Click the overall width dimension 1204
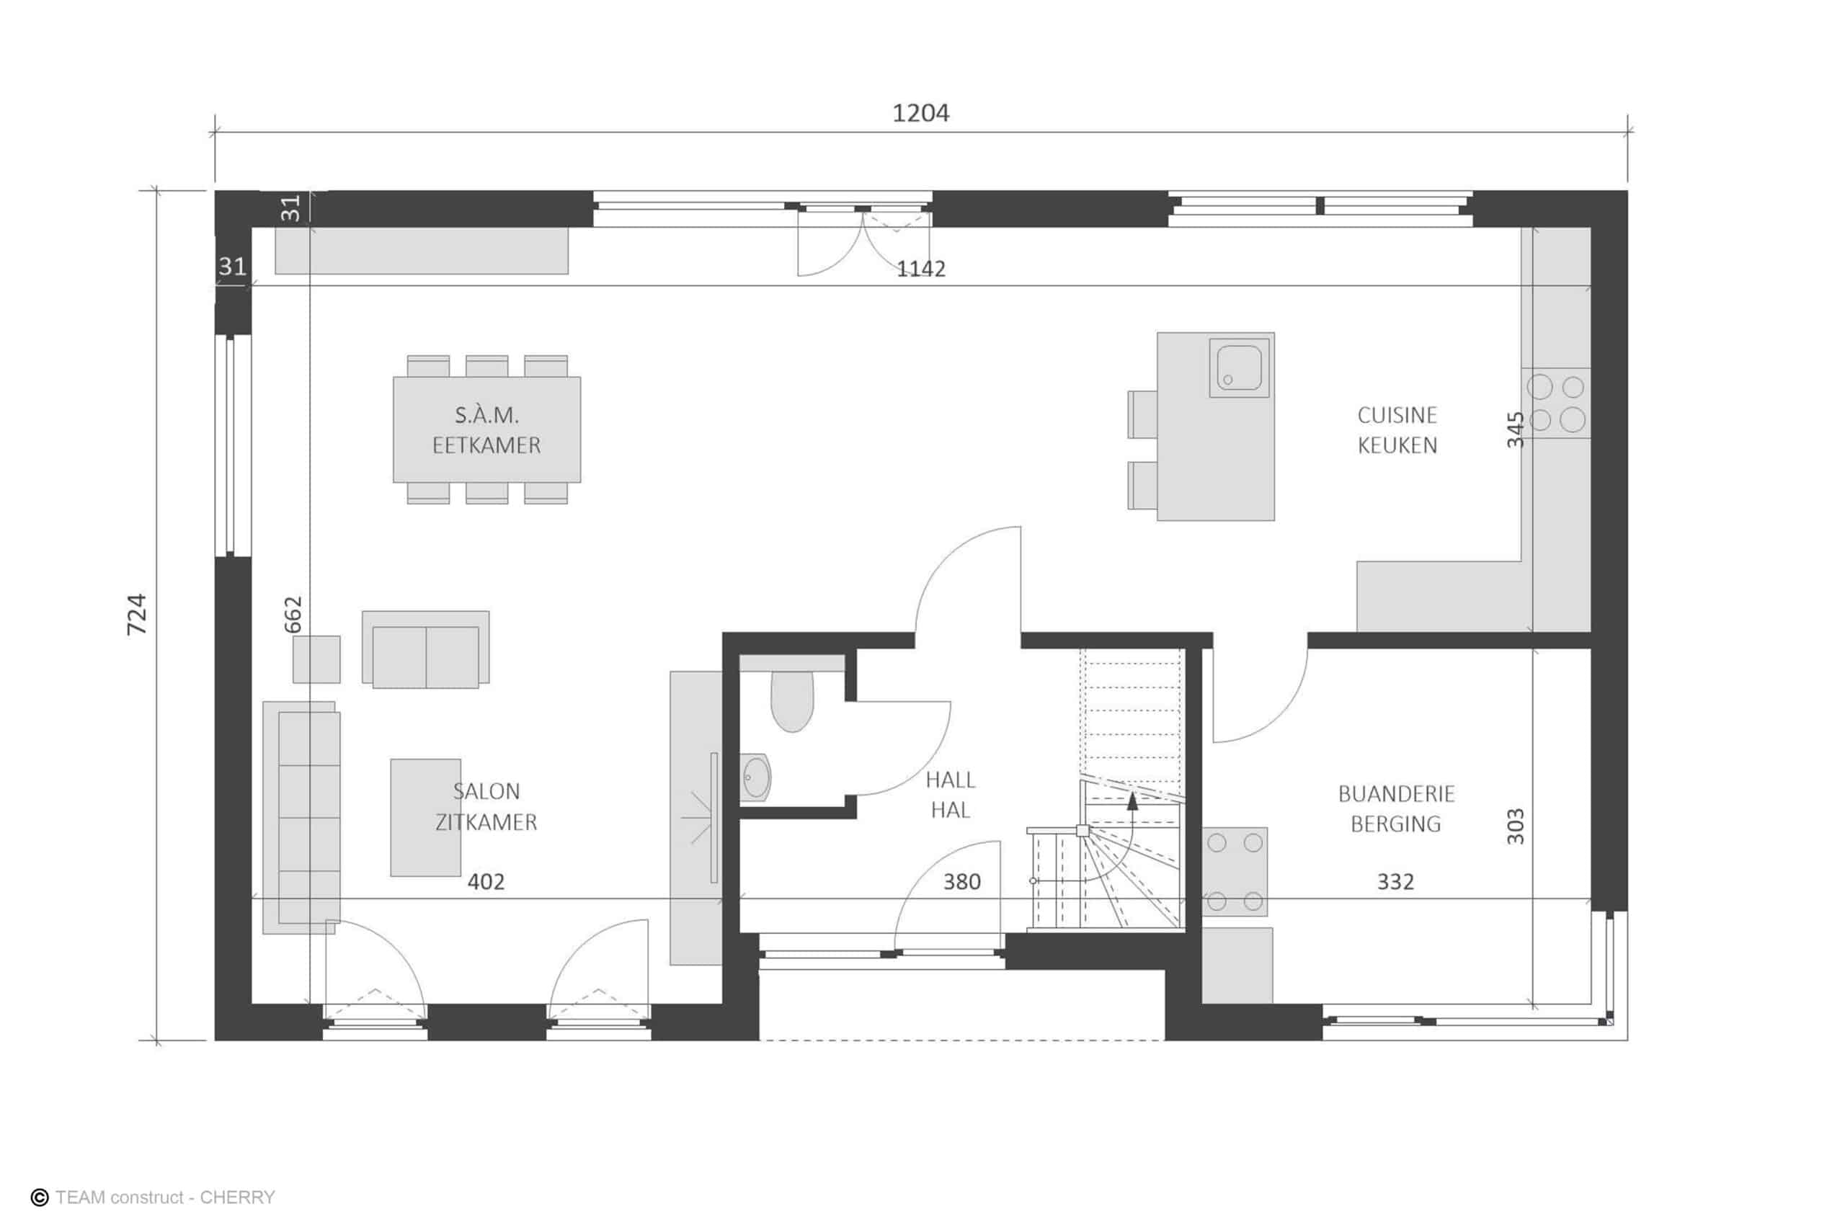click(x=921, y=114)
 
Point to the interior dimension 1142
click(x=921, y=269)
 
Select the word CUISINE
click(x=1397, y=415)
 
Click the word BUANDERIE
click(x=1396, y=794)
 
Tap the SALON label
click(x=486, y=790)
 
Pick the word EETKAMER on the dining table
click(x=486, y=445)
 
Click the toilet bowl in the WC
click(x=792, y=701)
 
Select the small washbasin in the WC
click(x=755, y=777)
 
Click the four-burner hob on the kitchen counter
click(x=1556, y=404)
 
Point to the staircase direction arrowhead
click(x=1132, y=800)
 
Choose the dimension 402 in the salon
click(x=486, y=882)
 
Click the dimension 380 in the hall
click(x=961, y=882)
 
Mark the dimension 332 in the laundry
click(x=1395, y=882)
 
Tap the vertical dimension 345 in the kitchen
click(x=1516, y=430)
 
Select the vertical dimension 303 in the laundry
click(x=1516, y=826)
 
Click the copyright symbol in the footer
click(x=39, y=1198)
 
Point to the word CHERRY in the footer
click(x=237, y=1198)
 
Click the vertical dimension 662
click(x=292, y=615)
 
